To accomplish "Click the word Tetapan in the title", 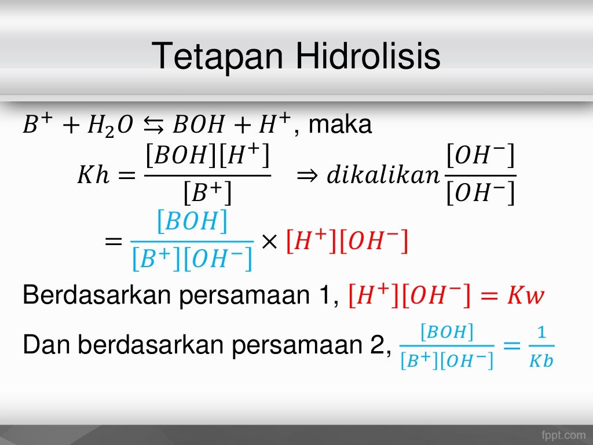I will click(x=219, y=57).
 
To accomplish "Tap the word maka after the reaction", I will click(x=341, y=125).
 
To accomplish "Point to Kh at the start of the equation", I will click(x=93, y=175).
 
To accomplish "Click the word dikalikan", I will click(x=383, y=175).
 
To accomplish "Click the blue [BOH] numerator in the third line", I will click(x=192, y=221).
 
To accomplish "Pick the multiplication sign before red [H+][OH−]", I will click(x=269, y=242).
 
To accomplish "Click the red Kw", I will click(x=526, y=297).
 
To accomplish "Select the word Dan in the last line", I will click(x=46, y=345).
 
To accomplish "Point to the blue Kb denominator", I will click(x=541, y=360).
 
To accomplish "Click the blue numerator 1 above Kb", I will click(x=541, y=333).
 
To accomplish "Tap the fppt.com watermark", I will click(x=563, y=434).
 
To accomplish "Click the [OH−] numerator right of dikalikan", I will click(x=481, y=156).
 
